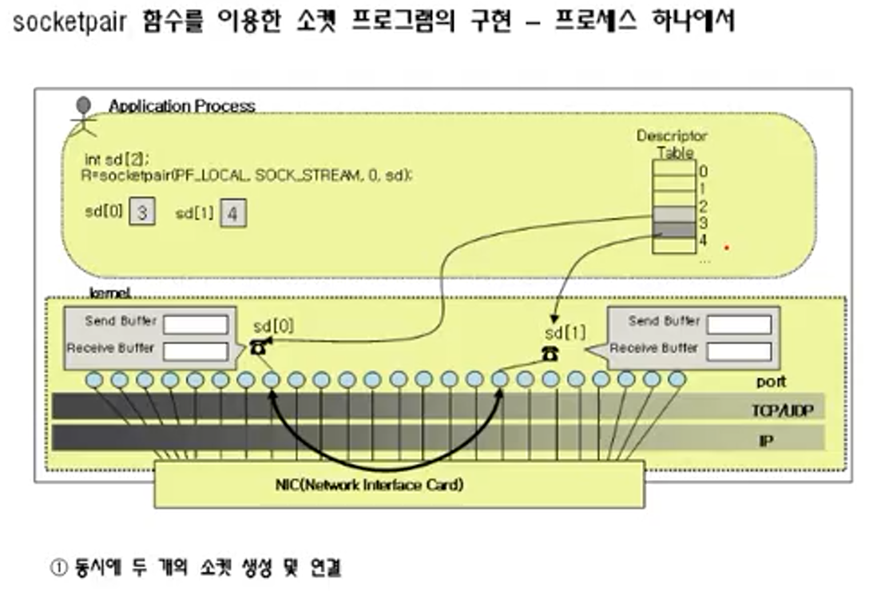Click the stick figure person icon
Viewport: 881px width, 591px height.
pyautogui.click(x=83, y=117)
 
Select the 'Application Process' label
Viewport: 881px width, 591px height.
pyautogui.click(x=181, y=106)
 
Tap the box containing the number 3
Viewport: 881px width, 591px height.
pyautogui.click(x=141, y=213)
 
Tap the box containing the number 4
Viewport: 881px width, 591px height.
pyautogui.click(x=232, y=213)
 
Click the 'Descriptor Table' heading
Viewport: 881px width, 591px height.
pyautogui.click(x=672, y=144)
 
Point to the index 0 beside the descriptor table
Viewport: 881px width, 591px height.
pyautogui.click(x=703, y=170)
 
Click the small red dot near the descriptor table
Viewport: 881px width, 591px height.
pyautogui.click(x=726, y=248)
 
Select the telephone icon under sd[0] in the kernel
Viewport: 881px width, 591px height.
pyautogui.click(x=259, y=347)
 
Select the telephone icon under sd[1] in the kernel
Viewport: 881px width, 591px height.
pyautogui.click(x=550, y=354)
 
